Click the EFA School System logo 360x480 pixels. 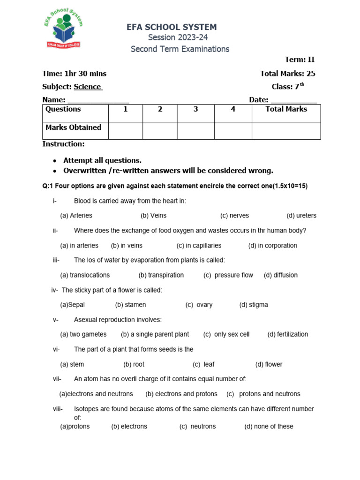click(x=62, y=30)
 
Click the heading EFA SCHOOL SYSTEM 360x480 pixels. click(x=172, y=28)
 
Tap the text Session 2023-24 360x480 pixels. click(x=178, y=37)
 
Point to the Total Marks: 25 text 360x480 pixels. click(x=288, y=74)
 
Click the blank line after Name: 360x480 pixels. click(x=98, y=100)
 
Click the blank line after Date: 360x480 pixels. click(x=294, y=100)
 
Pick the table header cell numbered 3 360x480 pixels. click(x=195, y=109)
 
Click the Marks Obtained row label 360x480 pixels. click(x=73, y=127)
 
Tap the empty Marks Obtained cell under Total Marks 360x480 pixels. click(x=286, y=131)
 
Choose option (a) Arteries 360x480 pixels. click(x=76, y=216)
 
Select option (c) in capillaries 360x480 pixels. click(x=199, y=246)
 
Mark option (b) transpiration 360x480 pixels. click(x=161, y=275)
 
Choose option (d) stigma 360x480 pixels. click(x=254, y=305)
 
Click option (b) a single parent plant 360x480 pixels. click(x=155, y=334)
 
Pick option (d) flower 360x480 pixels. click(x=269, y=364)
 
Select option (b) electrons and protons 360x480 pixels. click(x=181, y=394)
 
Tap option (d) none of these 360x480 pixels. click(x=269, y=426)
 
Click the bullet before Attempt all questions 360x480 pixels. click(x=55, y=161)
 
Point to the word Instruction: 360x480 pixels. click(x=63, y=144)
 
